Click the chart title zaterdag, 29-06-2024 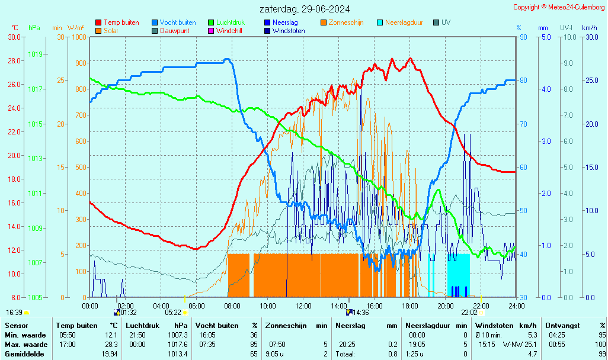click(x=305, y=9)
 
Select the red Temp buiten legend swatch click(x=98, y=22)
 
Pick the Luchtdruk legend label click(x=228, y=22)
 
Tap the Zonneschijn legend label click(x=345, y=22)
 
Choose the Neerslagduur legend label click(x=404, y=22)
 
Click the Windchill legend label click(x=229, y=31)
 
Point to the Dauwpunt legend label click(x=174, y=31)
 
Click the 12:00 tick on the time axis click(x=303, y=306)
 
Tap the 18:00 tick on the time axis click(x=410, y=306)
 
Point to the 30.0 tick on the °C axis click(x=15, y=37)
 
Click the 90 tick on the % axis click(x=523, y=37)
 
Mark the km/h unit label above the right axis click(x=589, y=28)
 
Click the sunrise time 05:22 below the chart click(x=173, y=312)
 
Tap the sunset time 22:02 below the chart click(x=469, y=312)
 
